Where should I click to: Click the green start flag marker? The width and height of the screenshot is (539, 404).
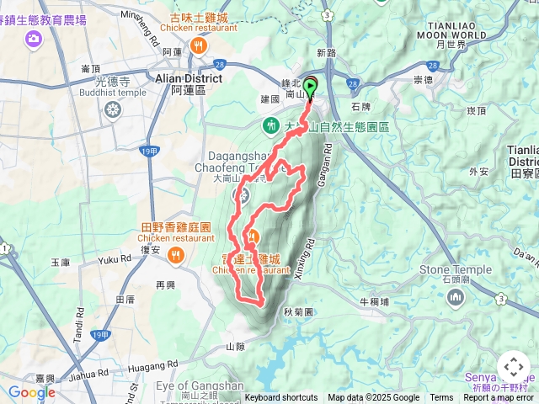click(x=311, y=86)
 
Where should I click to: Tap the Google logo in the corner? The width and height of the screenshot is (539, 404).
click(x=31, y=392)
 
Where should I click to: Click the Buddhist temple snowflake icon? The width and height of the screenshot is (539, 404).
click(x=113, y=109)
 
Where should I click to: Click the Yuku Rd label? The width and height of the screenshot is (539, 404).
click(x=115, y=261)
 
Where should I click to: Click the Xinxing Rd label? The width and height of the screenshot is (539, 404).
click(x=304, y=257)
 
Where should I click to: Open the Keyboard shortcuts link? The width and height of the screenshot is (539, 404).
click(x=281, y=398)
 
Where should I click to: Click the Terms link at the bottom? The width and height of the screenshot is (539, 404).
click(x=441, y=398)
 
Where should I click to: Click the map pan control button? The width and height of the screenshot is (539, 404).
click(x=513, y=367)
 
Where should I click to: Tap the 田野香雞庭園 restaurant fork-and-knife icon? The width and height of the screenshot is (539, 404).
click(x=175, y=253)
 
